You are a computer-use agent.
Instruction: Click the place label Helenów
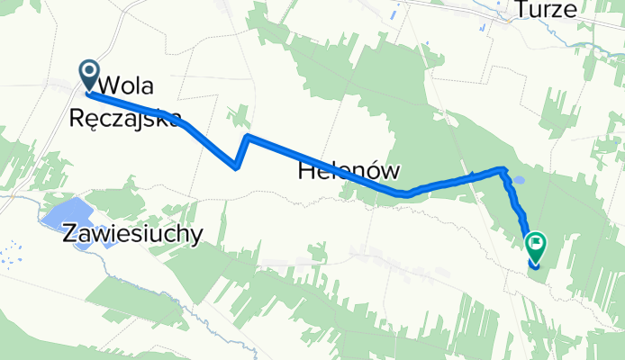pyautogui.click(x=348, y=170)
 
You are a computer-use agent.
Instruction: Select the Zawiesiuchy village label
pyautogui.click(x=132, y=233)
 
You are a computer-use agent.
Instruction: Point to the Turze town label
pyautogui.click(x=546, y=10)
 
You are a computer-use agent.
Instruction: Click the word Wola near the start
pyautogui.click(x=128, y=87)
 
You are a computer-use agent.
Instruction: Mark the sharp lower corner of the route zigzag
pyautogui.click(x=236, y=166)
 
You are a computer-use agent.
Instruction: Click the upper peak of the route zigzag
pyautogui.click(x=247, y=137)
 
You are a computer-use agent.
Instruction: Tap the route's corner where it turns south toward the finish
pyautogui.click(x=503, y=168)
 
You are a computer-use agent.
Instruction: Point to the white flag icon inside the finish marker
pyautogui.click(x=537, y=240)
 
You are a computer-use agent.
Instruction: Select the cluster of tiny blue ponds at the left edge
pyautogui.click(x=11, y=254)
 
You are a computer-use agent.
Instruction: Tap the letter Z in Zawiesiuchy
pyautogui.click(x=70, y=233)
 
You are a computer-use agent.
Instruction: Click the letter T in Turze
pyautogui.click(x=520, y=10)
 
